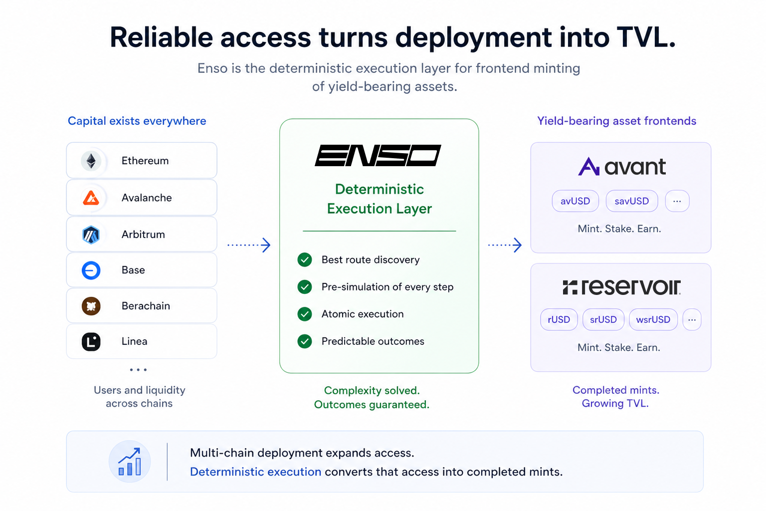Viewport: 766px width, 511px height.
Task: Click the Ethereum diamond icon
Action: [91, 161]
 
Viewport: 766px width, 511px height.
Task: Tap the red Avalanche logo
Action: [91, 198]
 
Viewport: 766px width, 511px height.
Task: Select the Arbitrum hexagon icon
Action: [91, 235]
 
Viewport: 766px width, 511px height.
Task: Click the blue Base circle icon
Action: [91, 270]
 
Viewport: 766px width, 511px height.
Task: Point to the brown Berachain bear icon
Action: [91, 306]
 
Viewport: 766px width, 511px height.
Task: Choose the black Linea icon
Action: [91, 341]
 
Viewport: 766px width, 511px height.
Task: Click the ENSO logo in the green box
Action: [378, 155]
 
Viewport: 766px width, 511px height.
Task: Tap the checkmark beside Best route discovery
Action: [304, 260]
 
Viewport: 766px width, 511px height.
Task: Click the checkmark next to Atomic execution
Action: [304, 314]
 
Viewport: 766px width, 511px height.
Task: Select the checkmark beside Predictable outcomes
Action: [304, 341]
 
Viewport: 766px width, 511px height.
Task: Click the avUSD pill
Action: [575, 201]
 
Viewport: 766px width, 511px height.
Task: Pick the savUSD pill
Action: [632, 201]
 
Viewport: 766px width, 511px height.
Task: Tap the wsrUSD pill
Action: [653, 320]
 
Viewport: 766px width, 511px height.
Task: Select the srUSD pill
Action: [603, 320]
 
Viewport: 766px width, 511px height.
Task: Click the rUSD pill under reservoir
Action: [559, 320]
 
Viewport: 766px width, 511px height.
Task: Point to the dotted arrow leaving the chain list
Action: [249, 245]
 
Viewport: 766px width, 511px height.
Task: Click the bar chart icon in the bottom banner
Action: [130, 462]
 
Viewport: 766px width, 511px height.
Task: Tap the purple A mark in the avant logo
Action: [588, 166]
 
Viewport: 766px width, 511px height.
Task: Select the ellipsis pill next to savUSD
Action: [677, 201]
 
